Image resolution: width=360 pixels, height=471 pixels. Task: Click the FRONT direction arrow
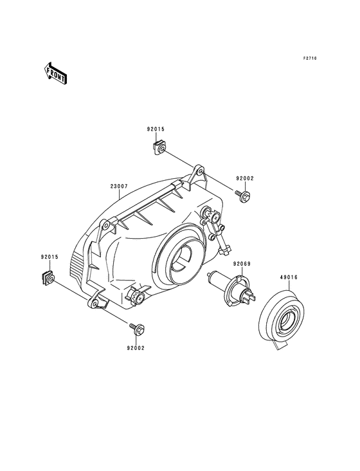pyautogui.click(x=55, y=73)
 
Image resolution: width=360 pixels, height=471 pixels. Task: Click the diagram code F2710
pyautogui.click(x=310, y=59)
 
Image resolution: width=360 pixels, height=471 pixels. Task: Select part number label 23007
pyautogui.click(x=119, y=186)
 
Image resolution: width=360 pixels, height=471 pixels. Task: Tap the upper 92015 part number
pyautogui.click(x=156, y=129)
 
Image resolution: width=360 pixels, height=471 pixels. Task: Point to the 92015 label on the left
pyautogui.click(x=50, y=257)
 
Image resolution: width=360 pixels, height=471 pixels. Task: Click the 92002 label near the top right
pyautogui.click(x=245, y=178)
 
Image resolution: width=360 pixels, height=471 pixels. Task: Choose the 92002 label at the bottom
pyautogui.click(x=136, y=348)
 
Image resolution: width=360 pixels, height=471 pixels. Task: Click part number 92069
pyautogui.click(x=242, y=264)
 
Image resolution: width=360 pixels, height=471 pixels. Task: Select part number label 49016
pyautogui.click(x=289, y=277)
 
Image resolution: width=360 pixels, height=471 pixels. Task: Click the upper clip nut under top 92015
pyautogui.click(x=158, y=149)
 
